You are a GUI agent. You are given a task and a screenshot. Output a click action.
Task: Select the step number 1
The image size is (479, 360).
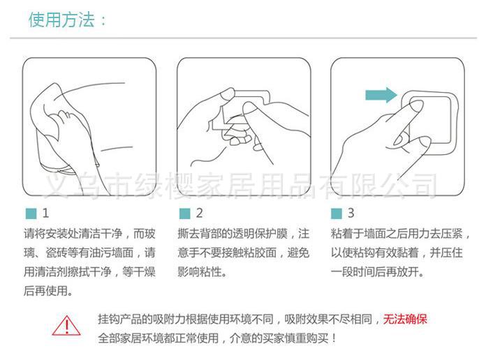tap(45, 213)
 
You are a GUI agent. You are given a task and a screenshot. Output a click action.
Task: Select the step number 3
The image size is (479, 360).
tap(351, 213)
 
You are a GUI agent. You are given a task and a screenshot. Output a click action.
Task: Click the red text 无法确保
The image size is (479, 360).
tap(406, 320)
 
